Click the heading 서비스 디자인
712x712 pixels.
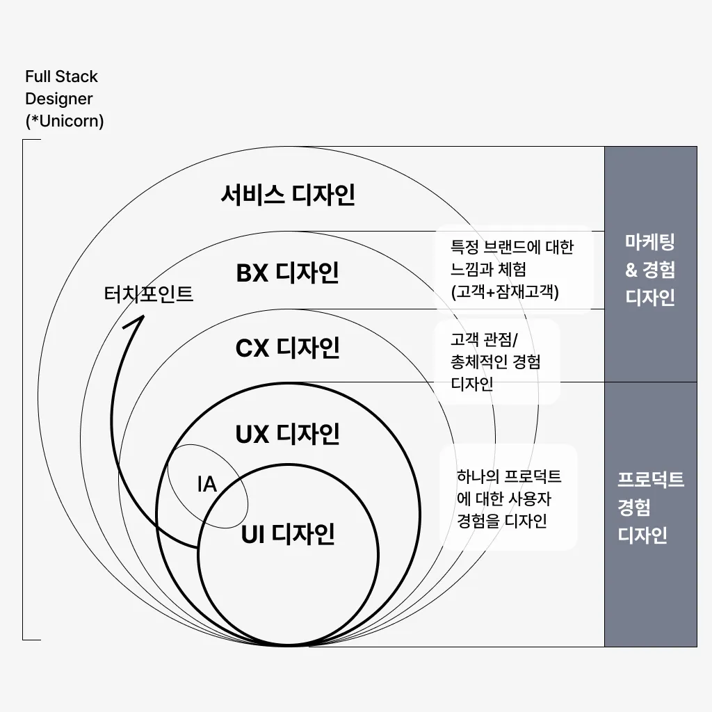click(288, 195)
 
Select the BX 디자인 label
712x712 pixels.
click(288, 273)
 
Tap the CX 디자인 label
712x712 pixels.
click(288, 348)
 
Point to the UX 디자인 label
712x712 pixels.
click(288, 434)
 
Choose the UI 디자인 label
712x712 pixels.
click(288, 535)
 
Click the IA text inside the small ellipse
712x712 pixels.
click(207, 485)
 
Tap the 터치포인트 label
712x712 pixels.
click(148, 294)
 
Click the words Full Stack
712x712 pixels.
click(61, 76)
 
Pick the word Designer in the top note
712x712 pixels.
click(58, 99)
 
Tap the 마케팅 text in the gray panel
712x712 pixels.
click(650, 242)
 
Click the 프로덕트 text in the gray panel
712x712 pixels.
click(651, 480)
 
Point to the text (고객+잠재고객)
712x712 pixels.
click(505, 292)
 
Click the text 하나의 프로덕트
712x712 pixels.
click(508, 477)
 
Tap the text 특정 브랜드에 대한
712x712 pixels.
click(512, 247)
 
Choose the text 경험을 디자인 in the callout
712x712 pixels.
click(502, 521)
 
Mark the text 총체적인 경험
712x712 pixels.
click(496, 362)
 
